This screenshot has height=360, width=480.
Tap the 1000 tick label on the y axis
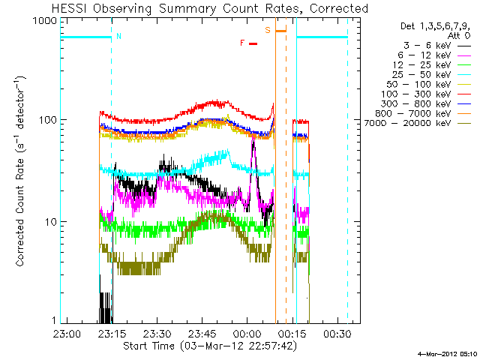pyautogui.click(x=45, y=21)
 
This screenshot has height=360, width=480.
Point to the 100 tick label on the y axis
pyautogui.click(x=47, y=120)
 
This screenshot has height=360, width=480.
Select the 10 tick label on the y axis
pyautogui.click(x=50, y=222)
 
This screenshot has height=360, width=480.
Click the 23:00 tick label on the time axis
pyautogui.click(x=67, y=334)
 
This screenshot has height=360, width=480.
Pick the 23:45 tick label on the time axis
pyautogui.click(x=202, y=334)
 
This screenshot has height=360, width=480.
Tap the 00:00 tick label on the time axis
pyautogui.click(x=247, y=334)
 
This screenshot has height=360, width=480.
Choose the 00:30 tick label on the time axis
pyautogui.click(x=337, y=334)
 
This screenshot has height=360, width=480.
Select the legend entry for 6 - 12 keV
pyautogui.click(x=434, y=55)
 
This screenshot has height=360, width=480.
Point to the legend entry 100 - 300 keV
pyautogui.click(x=425, y=94)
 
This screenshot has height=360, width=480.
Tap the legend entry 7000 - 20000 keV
pyautogui.click(x=417, y=123)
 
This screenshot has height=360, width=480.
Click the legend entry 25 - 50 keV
pyautogui.click(x=432, y=75)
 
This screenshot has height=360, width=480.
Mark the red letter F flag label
pyautogui.click(x=242, y=43)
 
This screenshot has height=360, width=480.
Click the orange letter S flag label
pyautogui.click(x=268, y=30)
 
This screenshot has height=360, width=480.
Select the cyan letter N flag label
pyautogui.click(x=118, y=36)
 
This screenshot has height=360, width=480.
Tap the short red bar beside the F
pyautogui.click(x=253, y=43)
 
